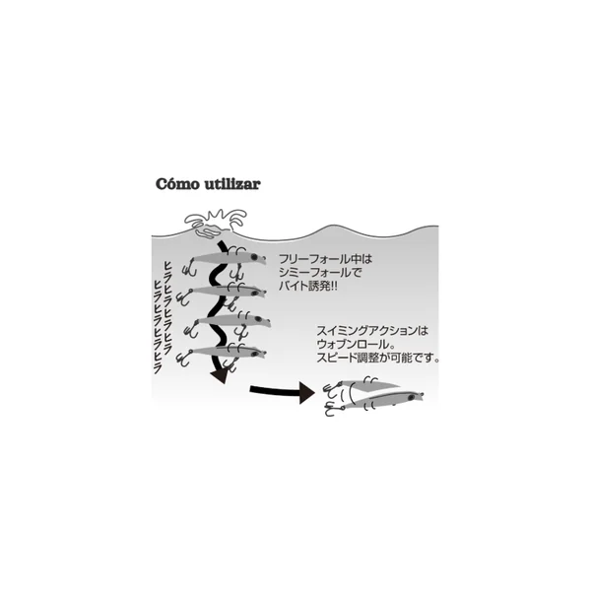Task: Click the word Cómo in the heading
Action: (177, 184)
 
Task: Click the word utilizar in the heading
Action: (232, 184)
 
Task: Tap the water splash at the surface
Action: (215, 224)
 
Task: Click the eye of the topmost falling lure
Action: (254, 257)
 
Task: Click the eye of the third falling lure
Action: (258, 319)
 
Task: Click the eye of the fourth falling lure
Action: (253, 354)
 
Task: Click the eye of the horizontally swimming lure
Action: (412, 397)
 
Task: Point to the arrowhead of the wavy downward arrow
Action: (220, 376)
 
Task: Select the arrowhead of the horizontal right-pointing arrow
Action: (307, 392)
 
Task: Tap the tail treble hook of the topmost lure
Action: (189, 268)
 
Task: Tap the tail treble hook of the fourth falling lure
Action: (184, 359)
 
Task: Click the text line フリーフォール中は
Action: (326, 259)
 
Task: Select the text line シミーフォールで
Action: (320, 273)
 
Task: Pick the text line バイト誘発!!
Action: (308, 286)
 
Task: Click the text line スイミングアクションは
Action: (372, 331)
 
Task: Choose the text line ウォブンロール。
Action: (353, 344)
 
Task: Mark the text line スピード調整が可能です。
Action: (378, 358)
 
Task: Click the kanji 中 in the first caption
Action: (356, 259)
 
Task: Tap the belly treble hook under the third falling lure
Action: (240, 333)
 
